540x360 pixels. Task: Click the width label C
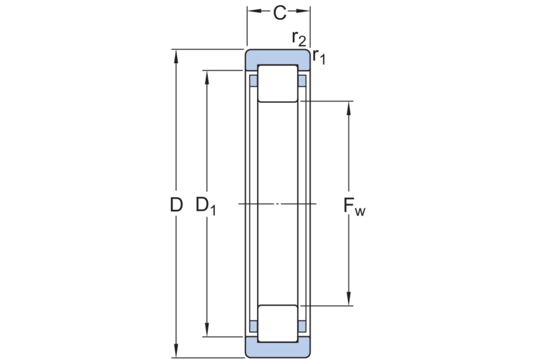pos(279,12)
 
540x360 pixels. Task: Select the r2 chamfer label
pos(299,39)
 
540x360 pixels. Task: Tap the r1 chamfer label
pos(318,58)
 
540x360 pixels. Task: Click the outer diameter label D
pos(176,205)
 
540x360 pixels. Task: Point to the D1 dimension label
pos(206,206)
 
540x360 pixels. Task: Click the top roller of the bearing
pos(278,84)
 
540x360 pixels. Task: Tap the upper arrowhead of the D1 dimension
pos(206,76)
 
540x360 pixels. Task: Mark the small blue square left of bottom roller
pos(252,326)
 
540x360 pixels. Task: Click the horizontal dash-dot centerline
pos(278,204)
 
